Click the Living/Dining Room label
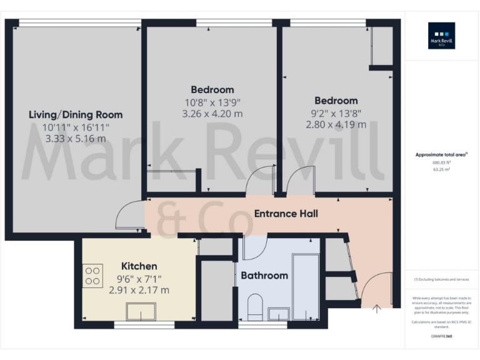click(76, 115)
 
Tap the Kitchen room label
click(139, 266)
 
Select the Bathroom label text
click(264, 276)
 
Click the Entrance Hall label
click(286, 214)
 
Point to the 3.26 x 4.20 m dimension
click(212, 114)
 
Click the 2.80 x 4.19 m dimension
click(336, 124)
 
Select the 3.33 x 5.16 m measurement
click(76, 138)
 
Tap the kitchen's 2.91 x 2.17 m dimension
click(139, 290)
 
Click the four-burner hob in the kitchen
click(93, 276)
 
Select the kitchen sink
click(141, 311)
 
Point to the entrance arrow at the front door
click(377, 307)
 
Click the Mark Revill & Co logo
click(441, 36)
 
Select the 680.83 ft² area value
click(441, 162)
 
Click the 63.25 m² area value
click(441, 169)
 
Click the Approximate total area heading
click(441, 154)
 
